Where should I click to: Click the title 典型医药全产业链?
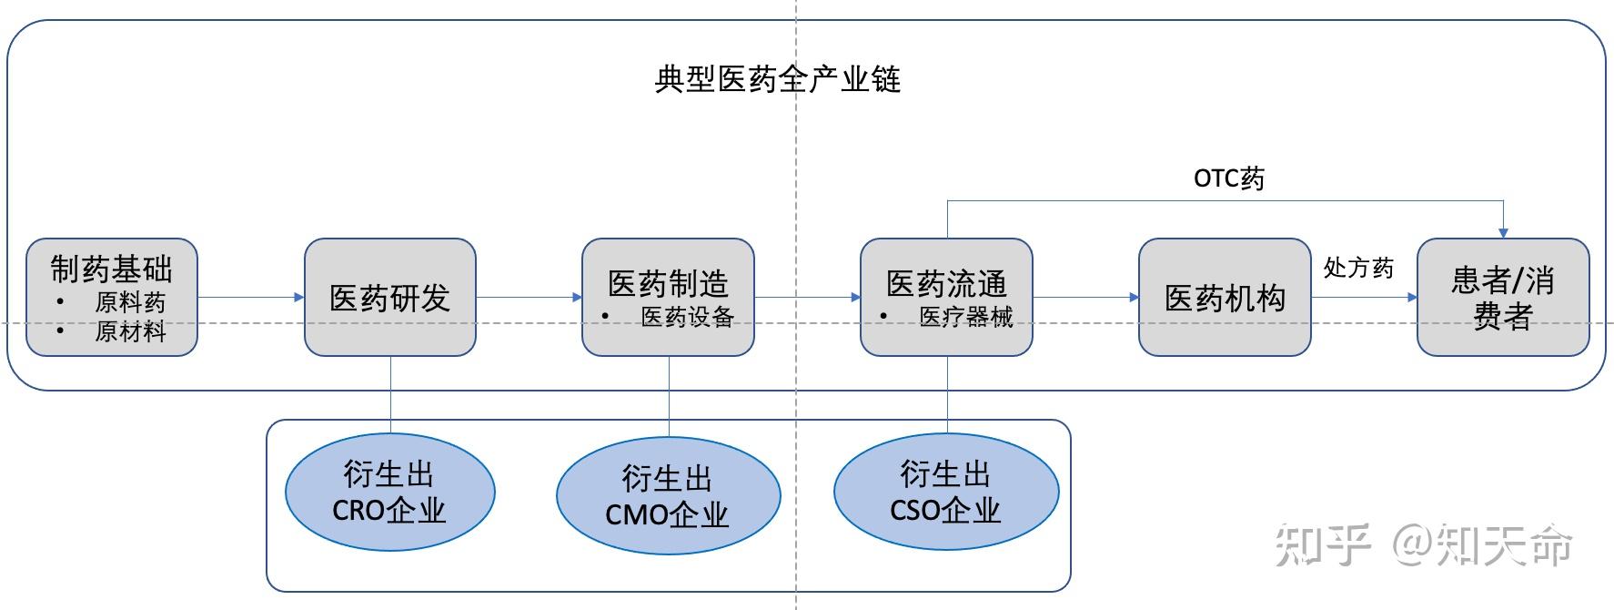point(777,79)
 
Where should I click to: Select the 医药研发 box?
point(389,298)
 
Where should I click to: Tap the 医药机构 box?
point(1225,298)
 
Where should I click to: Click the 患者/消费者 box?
point(1503,298)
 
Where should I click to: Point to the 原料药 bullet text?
point(130,301)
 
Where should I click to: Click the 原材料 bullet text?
point(130,330)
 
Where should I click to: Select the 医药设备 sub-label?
point(687,317)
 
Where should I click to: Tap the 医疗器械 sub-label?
point(965,317)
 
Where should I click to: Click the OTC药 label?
point(1228,178)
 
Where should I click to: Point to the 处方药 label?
point(1357,268)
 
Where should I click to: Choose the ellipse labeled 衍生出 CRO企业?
point(389,493)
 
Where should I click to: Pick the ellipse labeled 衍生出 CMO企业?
point(668,496)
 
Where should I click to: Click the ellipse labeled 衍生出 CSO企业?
point(946,493)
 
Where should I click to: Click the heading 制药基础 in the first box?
point(111,269)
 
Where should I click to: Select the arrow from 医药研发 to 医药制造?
point(529,297)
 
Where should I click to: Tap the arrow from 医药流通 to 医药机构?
point(1085,297)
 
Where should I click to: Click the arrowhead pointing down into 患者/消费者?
point(1503,232)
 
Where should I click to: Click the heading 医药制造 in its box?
point(668,283)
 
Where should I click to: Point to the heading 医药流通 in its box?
point(946,283)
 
